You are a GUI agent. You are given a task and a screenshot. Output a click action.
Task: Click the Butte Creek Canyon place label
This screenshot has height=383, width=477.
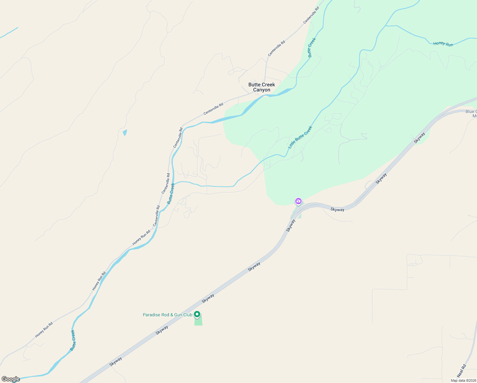tap(261, 87)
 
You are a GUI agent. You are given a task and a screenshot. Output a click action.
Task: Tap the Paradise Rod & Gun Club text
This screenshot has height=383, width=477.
tap(167, 315)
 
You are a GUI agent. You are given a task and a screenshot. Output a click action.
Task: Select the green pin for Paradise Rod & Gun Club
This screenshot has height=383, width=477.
tap(197, 315)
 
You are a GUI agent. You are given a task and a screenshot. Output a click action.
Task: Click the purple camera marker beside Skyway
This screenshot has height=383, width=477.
tap(298, 201)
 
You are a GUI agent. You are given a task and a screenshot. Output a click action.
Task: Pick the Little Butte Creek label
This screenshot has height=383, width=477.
tap(300, 138)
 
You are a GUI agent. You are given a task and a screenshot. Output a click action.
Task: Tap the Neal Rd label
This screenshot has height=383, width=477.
tap(461, 371)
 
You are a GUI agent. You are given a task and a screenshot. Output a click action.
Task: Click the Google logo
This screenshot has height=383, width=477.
tap(11, 379)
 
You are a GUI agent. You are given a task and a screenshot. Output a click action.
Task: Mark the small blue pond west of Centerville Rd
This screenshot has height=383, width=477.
tap(125, 132)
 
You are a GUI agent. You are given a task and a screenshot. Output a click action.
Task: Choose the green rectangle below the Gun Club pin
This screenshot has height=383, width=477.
tap(198, 320)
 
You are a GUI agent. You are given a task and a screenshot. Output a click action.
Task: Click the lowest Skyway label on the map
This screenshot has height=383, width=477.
tap(115, 362)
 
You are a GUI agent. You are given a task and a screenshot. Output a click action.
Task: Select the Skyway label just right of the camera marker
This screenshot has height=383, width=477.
tap(337, 210)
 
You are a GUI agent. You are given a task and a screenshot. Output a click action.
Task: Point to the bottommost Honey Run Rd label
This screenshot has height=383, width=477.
tap(44, 330)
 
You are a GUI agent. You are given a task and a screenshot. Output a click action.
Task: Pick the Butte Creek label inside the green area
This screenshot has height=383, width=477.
tap(312, 48)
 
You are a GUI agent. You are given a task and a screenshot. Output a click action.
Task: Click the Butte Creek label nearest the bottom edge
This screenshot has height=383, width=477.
tap(73, 341)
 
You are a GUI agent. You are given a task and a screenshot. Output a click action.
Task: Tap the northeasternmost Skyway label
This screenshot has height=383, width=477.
tap(419, 138)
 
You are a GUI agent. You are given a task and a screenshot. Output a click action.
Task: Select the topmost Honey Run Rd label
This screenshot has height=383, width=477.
tap(141, 238)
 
